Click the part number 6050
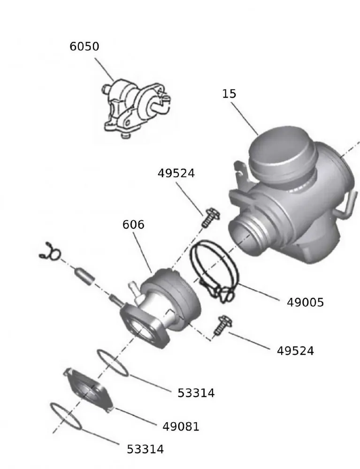pos(84,47)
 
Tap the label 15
pos(229,94)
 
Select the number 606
pos(133,225)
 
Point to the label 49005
pos(305,303)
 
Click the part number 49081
pos(181,426)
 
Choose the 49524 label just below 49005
pos(295,350)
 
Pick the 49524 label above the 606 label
pos(176,173)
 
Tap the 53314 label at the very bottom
pos(145,449)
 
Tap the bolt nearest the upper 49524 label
pos(208,218)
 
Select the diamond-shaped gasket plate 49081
pos(89,388)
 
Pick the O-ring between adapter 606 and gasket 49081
pos(113,363)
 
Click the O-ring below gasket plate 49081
pos(66,416)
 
